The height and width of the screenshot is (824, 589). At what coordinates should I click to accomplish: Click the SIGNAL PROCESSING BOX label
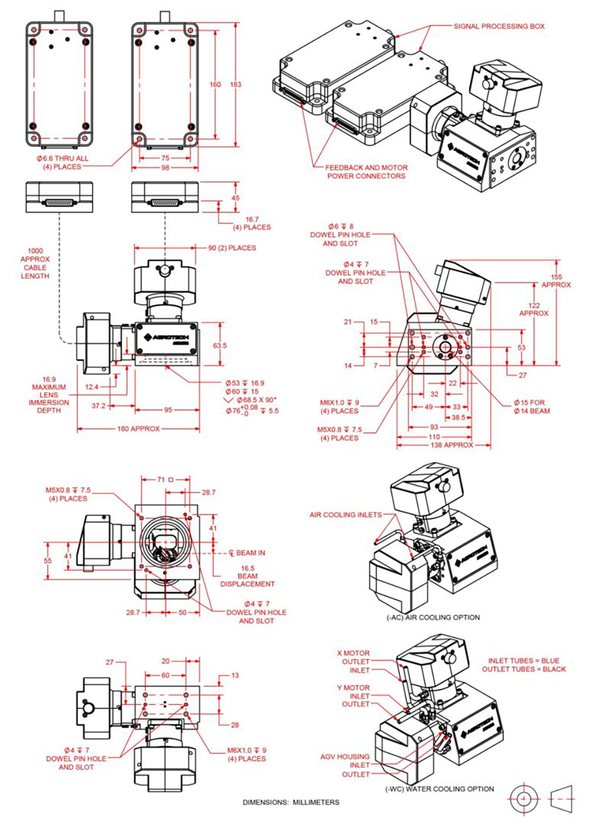[498, 27]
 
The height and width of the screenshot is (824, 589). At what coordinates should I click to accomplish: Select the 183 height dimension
[236, 84]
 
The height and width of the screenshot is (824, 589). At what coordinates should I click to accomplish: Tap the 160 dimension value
[216, 84]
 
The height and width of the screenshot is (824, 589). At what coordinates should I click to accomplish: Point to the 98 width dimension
[165, 168]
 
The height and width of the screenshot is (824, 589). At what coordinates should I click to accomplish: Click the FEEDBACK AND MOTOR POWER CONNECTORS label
[366, 171]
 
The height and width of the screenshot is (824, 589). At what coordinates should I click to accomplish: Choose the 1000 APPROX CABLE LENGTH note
[35, 263]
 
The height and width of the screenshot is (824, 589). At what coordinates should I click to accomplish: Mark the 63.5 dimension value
[220, 346]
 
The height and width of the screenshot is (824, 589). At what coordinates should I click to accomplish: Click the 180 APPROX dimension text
[138, 429]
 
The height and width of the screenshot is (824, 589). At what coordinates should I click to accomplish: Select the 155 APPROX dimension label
[556, 281]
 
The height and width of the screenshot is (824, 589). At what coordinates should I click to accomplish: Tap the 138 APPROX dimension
[452, 445]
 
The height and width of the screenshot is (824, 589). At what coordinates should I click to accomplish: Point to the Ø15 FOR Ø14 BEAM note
[532, 407]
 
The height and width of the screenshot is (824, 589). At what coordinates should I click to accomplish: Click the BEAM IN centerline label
[250, 553]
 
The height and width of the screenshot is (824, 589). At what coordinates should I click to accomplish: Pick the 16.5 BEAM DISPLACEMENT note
[247, 576]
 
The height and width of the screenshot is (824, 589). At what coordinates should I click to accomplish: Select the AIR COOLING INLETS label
[345, 515]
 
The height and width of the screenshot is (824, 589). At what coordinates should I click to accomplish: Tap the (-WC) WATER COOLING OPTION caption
[439, 789]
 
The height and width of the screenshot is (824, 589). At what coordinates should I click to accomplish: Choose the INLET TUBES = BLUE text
[524, 661]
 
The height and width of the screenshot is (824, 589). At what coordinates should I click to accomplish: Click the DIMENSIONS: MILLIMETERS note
[291, 802]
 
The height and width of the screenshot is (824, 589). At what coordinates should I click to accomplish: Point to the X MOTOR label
[353, 653]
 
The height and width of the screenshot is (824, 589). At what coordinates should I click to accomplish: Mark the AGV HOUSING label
[345, 756]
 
